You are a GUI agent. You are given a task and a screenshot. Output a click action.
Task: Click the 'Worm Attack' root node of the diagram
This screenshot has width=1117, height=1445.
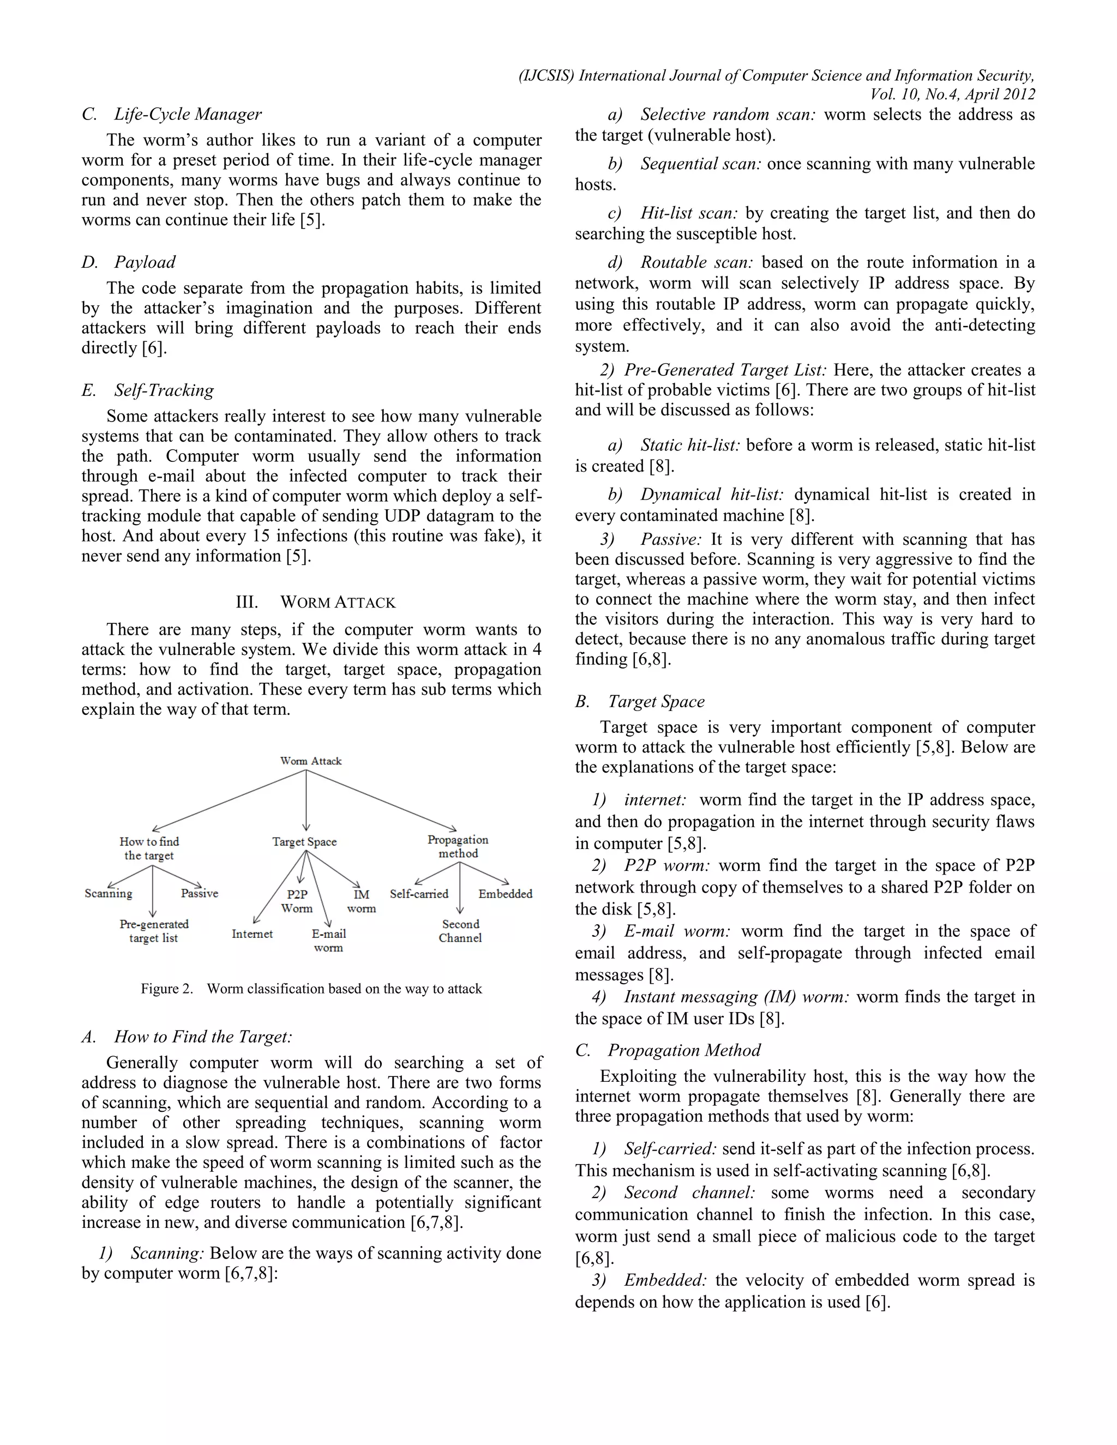310,761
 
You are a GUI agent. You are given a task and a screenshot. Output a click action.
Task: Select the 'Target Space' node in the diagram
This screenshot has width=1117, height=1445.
304,841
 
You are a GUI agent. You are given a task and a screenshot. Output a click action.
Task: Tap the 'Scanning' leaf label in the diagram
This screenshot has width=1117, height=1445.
109,893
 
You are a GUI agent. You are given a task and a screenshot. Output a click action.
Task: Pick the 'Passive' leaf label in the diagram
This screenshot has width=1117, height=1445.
199,893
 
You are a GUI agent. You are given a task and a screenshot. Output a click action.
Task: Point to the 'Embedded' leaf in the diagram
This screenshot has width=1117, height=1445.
505,894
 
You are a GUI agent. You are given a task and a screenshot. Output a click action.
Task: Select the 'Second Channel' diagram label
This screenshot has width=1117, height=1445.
460,931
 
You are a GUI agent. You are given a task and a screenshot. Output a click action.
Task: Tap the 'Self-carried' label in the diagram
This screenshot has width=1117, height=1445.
419,894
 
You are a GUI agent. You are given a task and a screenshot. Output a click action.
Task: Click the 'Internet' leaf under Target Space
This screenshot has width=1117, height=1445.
252,934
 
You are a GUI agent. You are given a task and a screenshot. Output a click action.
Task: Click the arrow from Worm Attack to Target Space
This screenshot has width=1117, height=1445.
306,800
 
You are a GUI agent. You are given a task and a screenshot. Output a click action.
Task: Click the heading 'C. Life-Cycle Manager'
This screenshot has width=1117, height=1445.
172,115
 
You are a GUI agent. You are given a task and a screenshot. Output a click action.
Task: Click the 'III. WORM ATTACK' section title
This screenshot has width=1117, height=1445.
316,602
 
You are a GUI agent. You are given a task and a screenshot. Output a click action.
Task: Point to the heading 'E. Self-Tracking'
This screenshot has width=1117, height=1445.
148,390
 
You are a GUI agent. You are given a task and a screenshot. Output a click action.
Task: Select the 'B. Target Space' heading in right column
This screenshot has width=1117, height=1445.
640,701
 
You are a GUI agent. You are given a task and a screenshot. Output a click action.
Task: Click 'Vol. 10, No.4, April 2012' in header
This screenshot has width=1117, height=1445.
952,95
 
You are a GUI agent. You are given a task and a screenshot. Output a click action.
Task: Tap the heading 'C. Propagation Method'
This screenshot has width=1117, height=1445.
668,1050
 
